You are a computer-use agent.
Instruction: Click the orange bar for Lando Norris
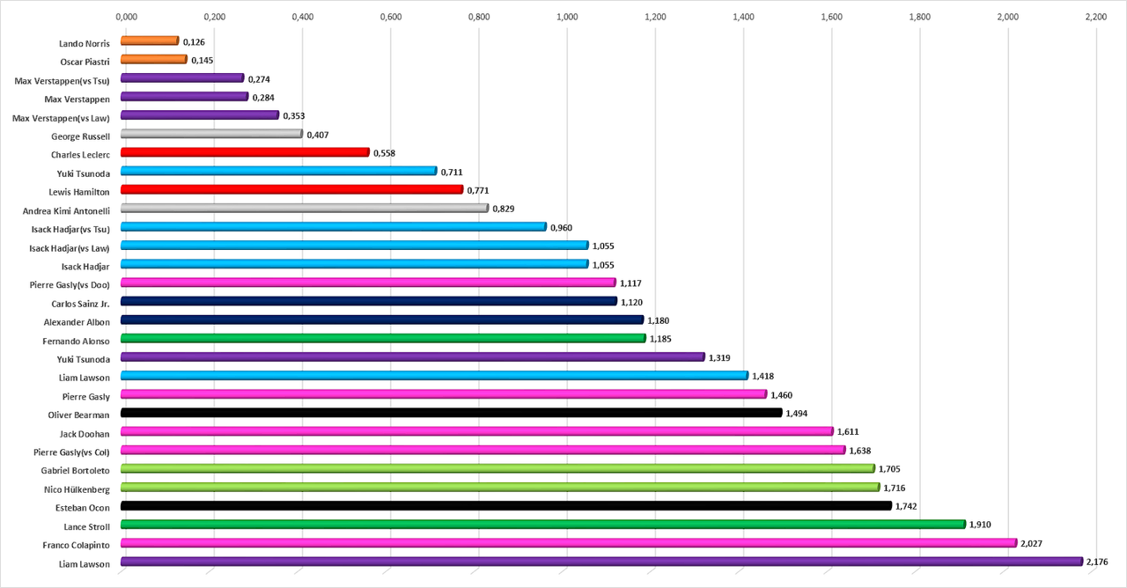[150, 40]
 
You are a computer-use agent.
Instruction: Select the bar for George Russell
[211, 134]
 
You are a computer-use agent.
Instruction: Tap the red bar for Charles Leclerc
[245, 152]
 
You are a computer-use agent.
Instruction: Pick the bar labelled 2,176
[601, 562]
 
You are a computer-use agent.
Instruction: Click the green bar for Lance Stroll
[542, 525]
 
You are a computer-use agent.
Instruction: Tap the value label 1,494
[797, 414]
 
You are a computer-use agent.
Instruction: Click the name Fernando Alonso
[77, 340]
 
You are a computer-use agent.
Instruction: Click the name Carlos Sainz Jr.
[81, 303]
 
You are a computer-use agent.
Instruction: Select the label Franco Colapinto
[77, 545]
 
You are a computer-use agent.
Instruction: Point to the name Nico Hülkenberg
[77, 489]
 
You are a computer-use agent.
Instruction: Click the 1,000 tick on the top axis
[567, 17]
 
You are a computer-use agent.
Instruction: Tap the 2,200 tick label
[1095, 17]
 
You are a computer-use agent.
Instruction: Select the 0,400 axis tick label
[302, 17]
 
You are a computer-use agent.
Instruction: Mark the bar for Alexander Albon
[382, 320]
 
